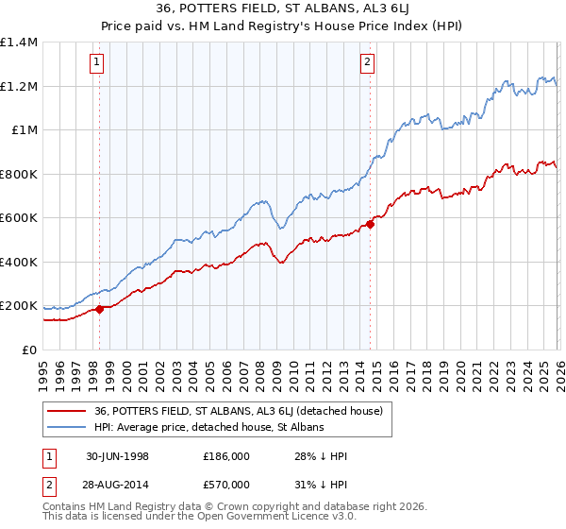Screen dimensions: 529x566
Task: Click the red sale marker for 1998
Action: pos(100,309)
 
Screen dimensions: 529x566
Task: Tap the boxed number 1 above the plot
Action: pos(99,63)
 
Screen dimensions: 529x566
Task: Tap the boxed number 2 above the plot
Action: pos(367,63)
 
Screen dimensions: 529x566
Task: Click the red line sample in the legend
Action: pos(67,411)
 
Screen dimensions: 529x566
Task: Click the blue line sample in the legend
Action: pos(67,428)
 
